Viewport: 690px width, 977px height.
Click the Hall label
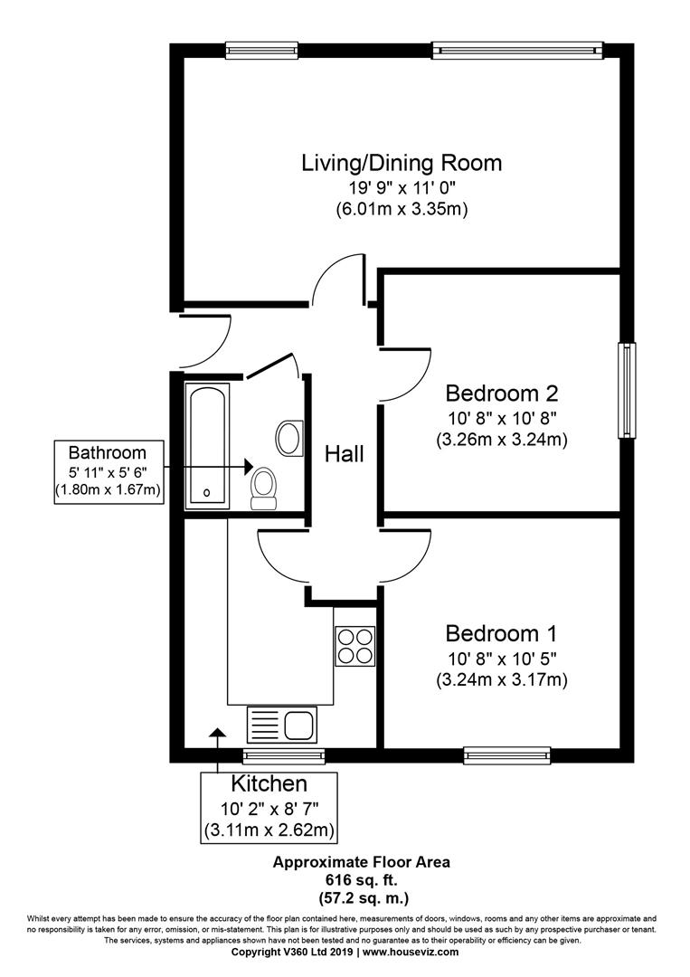tap(344, 454)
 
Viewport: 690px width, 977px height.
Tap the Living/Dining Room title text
tap(402, 163)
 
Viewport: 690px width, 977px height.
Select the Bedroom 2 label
tap(501, 394)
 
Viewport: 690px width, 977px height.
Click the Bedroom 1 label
tap(501, 633)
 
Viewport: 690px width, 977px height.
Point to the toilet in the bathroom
tap(263, 489)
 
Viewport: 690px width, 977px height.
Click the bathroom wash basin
tap(289, 438)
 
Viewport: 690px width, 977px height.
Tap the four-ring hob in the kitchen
tap(355, 646)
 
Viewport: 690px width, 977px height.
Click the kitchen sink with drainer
tap(281, 725)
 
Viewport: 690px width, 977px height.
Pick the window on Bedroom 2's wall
tap(627, 390)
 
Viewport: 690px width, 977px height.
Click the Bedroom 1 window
tap(507, 755)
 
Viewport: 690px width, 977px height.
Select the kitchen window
tap(284, 755)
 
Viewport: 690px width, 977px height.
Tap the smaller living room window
tap(261, 51)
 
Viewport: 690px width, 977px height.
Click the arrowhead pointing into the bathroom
tap(248, 466)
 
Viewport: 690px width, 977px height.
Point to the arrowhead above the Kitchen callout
tap(217, 734)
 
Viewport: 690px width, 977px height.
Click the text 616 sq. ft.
tap(361, 880)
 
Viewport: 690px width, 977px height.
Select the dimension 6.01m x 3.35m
tap(402, 209)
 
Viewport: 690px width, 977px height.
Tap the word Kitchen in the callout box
tap(269, 783)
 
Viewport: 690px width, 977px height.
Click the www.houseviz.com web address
tap(411, 952)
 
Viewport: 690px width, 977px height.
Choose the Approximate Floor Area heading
tap(361, 862)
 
